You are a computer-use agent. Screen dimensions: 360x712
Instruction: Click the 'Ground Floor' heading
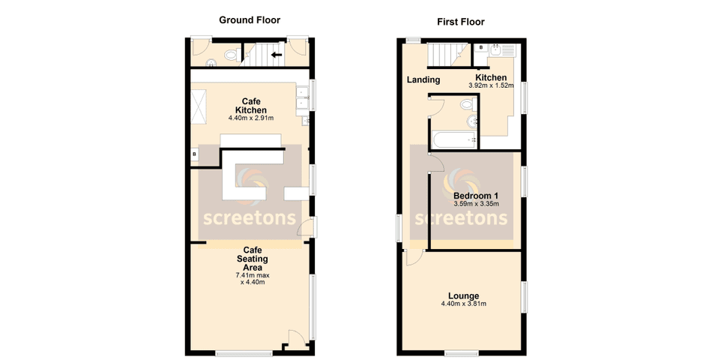[x=250, y=19]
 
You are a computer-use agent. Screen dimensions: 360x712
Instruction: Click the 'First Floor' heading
[x=461, y=22]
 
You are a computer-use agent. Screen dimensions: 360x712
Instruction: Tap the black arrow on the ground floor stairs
[x=276, y=55]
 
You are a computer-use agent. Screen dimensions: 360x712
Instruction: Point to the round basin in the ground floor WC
[x=211, y=64]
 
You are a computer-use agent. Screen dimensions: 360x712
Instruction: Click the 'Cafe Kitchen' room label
[x=250, y=106]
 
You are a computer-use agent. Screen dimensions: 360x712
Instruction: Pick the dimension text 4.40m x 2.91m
[x=250, y=118]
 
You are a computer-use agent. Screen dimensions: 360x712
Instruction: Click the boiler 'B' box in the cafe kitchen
[x=195, y=154]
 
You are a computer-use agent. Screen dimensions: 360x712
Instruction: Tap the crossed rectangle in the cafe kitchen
[x=200, y=106]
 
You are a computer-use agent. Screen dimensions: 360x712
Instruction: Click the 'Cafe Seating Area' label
[x=251, y=259]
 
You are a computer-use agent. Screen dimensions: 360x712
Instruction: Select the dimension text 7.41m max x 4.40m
[x=251, y=278]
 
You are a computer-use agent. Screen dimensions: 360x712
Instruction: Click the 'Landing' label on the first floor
[x=423, y=80]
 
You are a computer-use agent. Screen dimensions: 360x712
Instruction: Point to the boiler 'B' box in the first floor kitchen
[x=481, y=47]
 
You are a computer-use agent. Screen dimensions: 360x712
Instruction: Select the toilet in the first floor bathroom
[x=471, y=120]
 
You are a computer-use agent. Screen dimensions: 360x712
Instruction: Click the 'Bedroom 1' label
[x=475, y=196]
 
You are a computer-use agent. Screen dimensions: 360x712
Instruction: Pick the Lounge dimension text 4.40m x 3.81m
[x=464, y=304]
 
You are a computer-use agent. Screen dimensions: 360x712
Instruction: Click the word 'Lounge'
[x=464, y=295]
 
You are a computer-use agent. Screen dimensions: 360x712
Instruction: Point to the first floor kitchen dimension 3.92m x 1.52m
[x=491, y=85]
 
